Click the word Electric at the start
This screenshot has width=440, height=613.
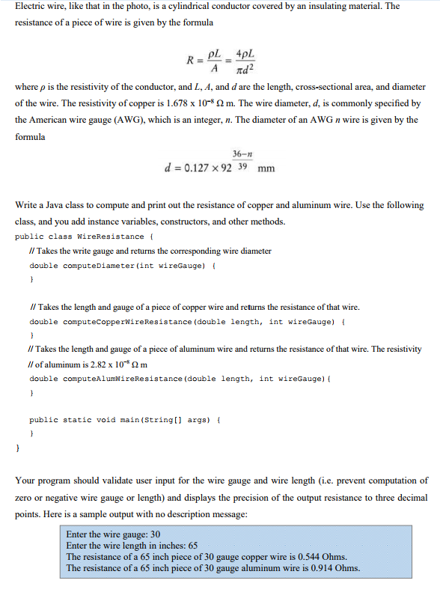click(31, 6)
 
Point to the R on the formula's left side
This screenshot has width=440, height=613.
click(192, 61)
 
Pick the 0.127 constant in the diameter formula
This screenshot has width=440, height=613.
click(195, 168)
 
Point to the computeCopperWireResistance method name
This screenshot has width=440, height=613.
click(123, 321)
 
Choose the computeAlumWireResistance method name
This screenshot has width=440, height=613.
click(120, 378)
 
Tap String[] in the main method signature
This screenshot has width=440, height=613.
click(163, 421)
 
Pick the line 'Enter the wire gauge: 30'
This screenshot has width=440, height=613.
click(114, 534)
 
